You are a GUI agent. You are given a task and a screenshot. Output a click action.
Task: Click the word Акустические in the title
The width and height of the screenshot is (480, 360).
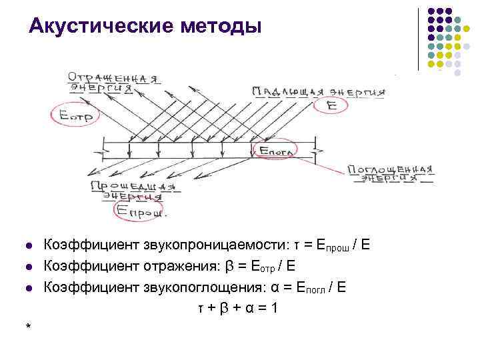[x=101, y=27]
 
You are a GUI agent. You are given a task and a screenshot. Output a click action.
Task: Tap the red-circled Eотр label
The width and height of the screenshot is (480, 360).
[x=73, y=115]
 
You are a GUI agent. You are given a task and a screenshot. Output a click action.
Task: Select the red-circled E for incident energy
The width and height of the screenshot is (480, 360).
[x=331, y=105]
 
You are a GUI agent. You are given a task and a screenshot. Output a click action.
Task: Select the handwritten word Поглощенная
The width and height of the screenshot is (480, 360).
[x=391, y=169]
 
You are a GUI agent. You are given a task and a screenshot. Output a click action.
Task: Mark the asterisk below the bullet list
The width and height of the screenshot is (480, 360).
[x=27, y=327]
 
